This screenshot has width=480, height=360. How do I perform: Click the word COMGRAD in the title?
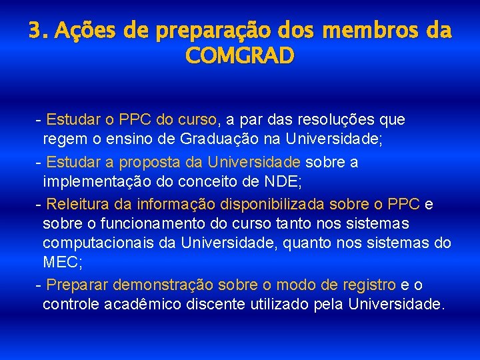coord(240,57)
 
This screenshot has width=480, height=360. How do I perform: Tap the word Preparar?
coord(77,285)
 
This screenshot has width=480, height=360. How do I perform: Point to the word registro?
coord(369,285)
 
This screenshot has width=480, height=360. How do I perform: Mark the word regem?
coord(62,140)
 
